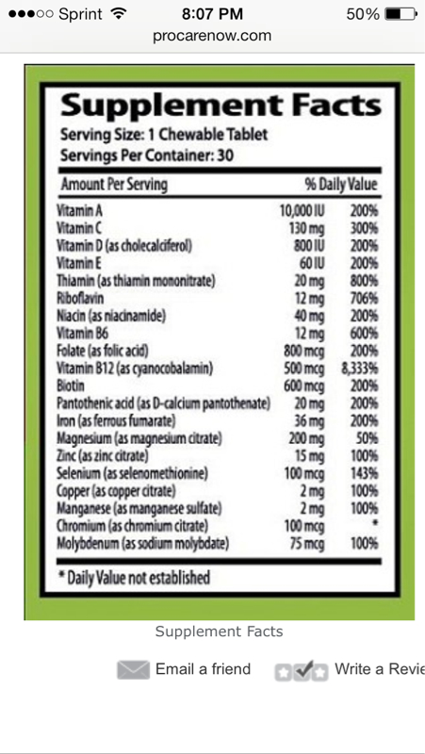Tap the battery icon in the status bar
(x=400, y=14)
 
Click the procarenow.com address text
(x=212, y=36)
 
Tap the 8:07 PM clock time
(x=212, y=14)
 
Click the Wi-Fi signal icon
(x=117, y=13)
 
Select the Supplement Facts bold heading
(x=221, y=106)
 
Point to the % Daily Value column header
(x=341, y=185)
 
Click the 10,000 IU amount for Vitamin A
(x=302, y=211)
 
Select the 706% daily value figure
(x=364, y=299)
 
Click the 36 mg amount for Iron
(x=309, y=421)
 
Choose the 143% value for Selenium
(x=364, y=474)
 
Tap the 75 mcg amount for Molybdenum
(x=307, y=545)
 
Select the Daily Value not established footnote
(x=134, y=577)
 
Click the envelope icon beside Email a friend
(x=133, y=670)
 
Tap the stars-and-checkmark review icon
(x=302, y=671)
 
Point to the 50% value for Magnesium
(x=368, y=438)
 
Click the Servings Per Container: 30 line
(x=147, y=156)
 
